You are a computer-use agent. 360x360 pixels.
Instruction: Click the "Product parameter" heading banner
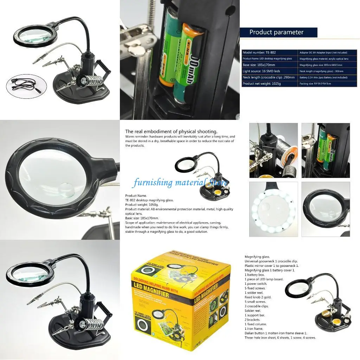(x=278, y=32)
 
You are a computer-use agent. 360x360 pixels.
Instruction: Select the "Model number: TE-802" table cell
(x=269, y=52)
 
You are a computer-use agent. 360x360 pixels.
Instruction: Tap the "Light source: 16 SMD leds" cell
(x=269, y=71)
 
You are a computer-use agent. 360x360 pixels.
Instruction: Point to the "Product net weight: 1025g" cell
(x=269, y=84)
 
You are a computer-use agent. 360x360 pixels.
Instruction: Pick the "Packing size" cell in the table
(x=327, y=84)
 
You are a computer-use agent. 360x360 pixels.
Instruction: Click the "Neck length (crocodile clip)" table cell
(x=269, y=77)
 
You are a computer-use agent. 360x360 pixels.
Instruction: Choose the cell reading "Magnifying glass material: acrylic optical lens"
(x=327, y=59)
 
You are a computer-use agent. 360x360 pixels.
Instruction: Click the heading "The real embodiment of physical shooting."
(x=171, y=131)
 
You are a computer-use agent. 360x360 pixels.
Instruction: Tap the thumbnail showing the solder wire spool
(x=274, y=150)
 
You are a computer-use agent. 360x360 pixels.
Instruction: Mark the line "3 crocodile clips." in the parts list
(x=256, y=306)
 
